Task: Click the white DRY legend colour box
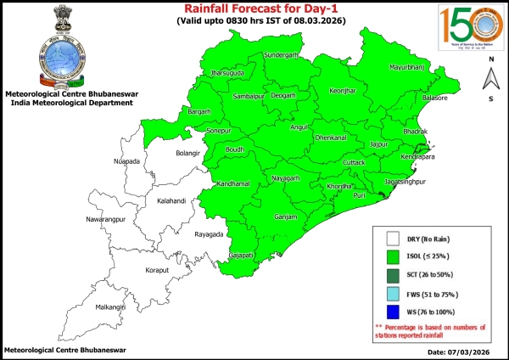click(393, 239)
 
